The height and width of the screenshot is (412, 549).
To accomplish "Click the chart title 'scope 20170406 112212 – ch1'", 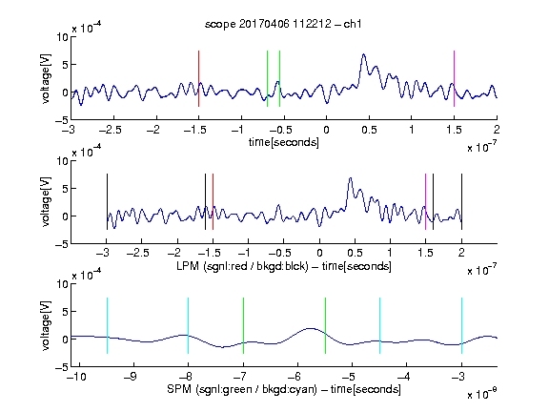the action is (x=283, y=24).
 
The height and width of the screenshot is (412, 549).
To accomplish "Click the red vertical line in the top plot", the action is (x=198, y=78).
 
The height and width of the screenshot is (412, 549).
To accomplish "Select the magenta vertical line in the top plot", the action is (x=454, y=78).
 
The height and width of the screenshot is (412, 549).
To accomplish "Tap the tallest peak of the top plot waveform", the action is (x=364, y=54).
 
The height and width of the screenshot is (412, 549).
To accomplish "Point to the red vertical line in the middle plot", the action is (x=213, y=202).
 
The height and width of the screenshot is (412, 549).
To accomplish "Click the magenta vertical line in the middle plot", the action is (x=425, y=202).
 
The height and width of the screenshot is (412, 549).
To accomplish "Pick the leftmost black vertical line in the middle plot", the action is (x=107, y=202).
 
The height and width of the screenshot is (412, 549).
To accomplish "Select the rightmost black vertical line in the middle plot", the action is (x=461, y=202).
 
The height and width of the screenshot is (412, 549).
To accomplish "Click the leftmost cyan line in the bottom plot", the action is (x=107, y=325).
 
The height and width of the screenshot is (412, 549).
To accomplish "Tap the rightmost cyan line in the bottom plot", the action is (x=461, y=325).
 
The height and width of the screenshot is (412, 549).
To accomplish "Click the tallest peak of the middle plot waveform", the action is (x=350, y=178).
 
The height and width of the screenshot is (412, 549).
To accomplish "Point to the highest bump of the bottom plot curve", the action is (x=311, y=329).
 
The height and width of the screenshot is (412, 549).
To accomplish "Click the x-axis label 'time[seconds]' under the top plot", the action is (x=284, y=142).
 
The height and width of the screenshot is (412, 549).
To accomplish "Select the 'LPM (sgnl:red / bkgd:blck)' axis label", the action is (x=242, y=266).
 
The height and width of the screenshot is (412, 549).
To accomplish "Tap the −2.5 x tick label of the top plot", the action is (x=111, y=130).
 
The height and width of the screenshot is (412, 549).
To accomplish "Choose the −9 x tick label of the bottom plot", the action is (x=131, y=377).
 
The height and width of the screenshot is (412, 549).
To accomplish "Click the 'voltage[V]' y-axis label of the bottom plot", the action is (x=46, y=325).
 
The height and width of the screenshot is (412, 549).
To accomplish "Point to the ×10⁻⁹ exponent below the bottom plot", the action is (x=482, y=394).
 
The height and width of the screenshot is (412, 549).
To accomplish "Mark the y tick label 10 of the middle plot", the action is (x=62, y=161).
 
